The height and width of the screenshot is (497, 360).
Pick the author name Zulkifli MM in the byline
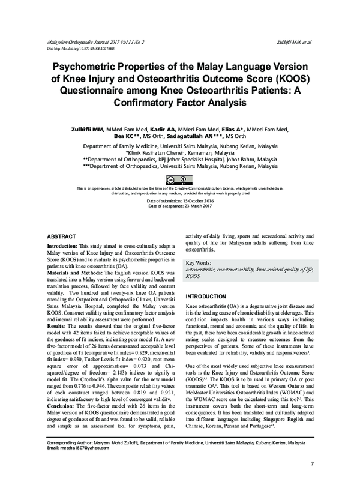(88, 129)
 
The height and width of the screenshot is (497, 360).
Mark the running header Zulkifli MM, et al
(297, 43)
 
